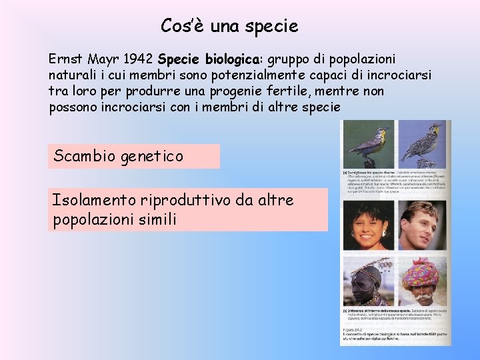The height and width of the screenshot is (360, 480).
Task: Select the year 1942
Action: (140, 59)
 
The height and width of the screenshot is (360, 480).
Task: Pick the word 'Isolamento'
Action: (94, 200)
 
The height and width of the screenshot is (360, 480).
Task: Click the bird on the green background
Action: (369, 143)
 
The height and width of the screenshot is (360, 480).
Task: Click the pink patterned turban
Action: (419, 272)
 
